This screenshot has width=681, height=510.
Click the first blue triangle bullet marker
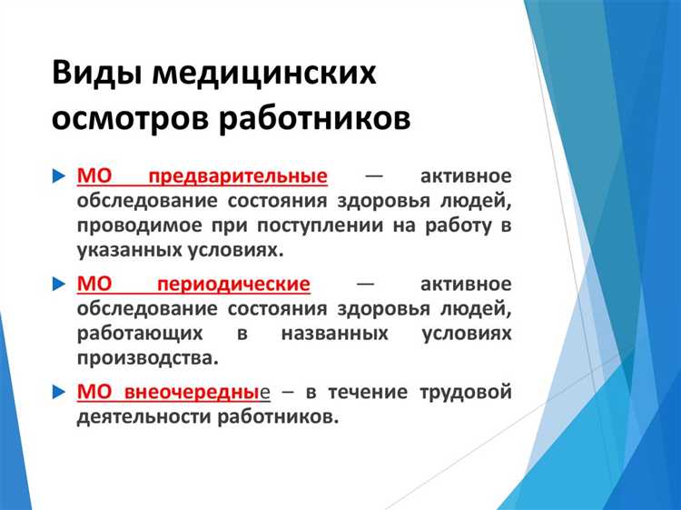click(x=59, y=175)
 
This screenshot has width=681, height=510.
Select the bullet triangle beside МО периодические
click(x=59, y=284)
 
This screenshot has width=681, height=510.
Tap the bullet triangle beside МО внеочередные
click(x=59, y=393)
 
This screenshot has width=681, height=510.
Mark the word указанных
click(x=123, y=248)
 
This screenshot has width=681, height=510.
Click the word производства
click(x=147, y=357)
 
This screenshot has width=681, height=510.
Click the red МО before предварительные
click(x=94, y=175)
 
